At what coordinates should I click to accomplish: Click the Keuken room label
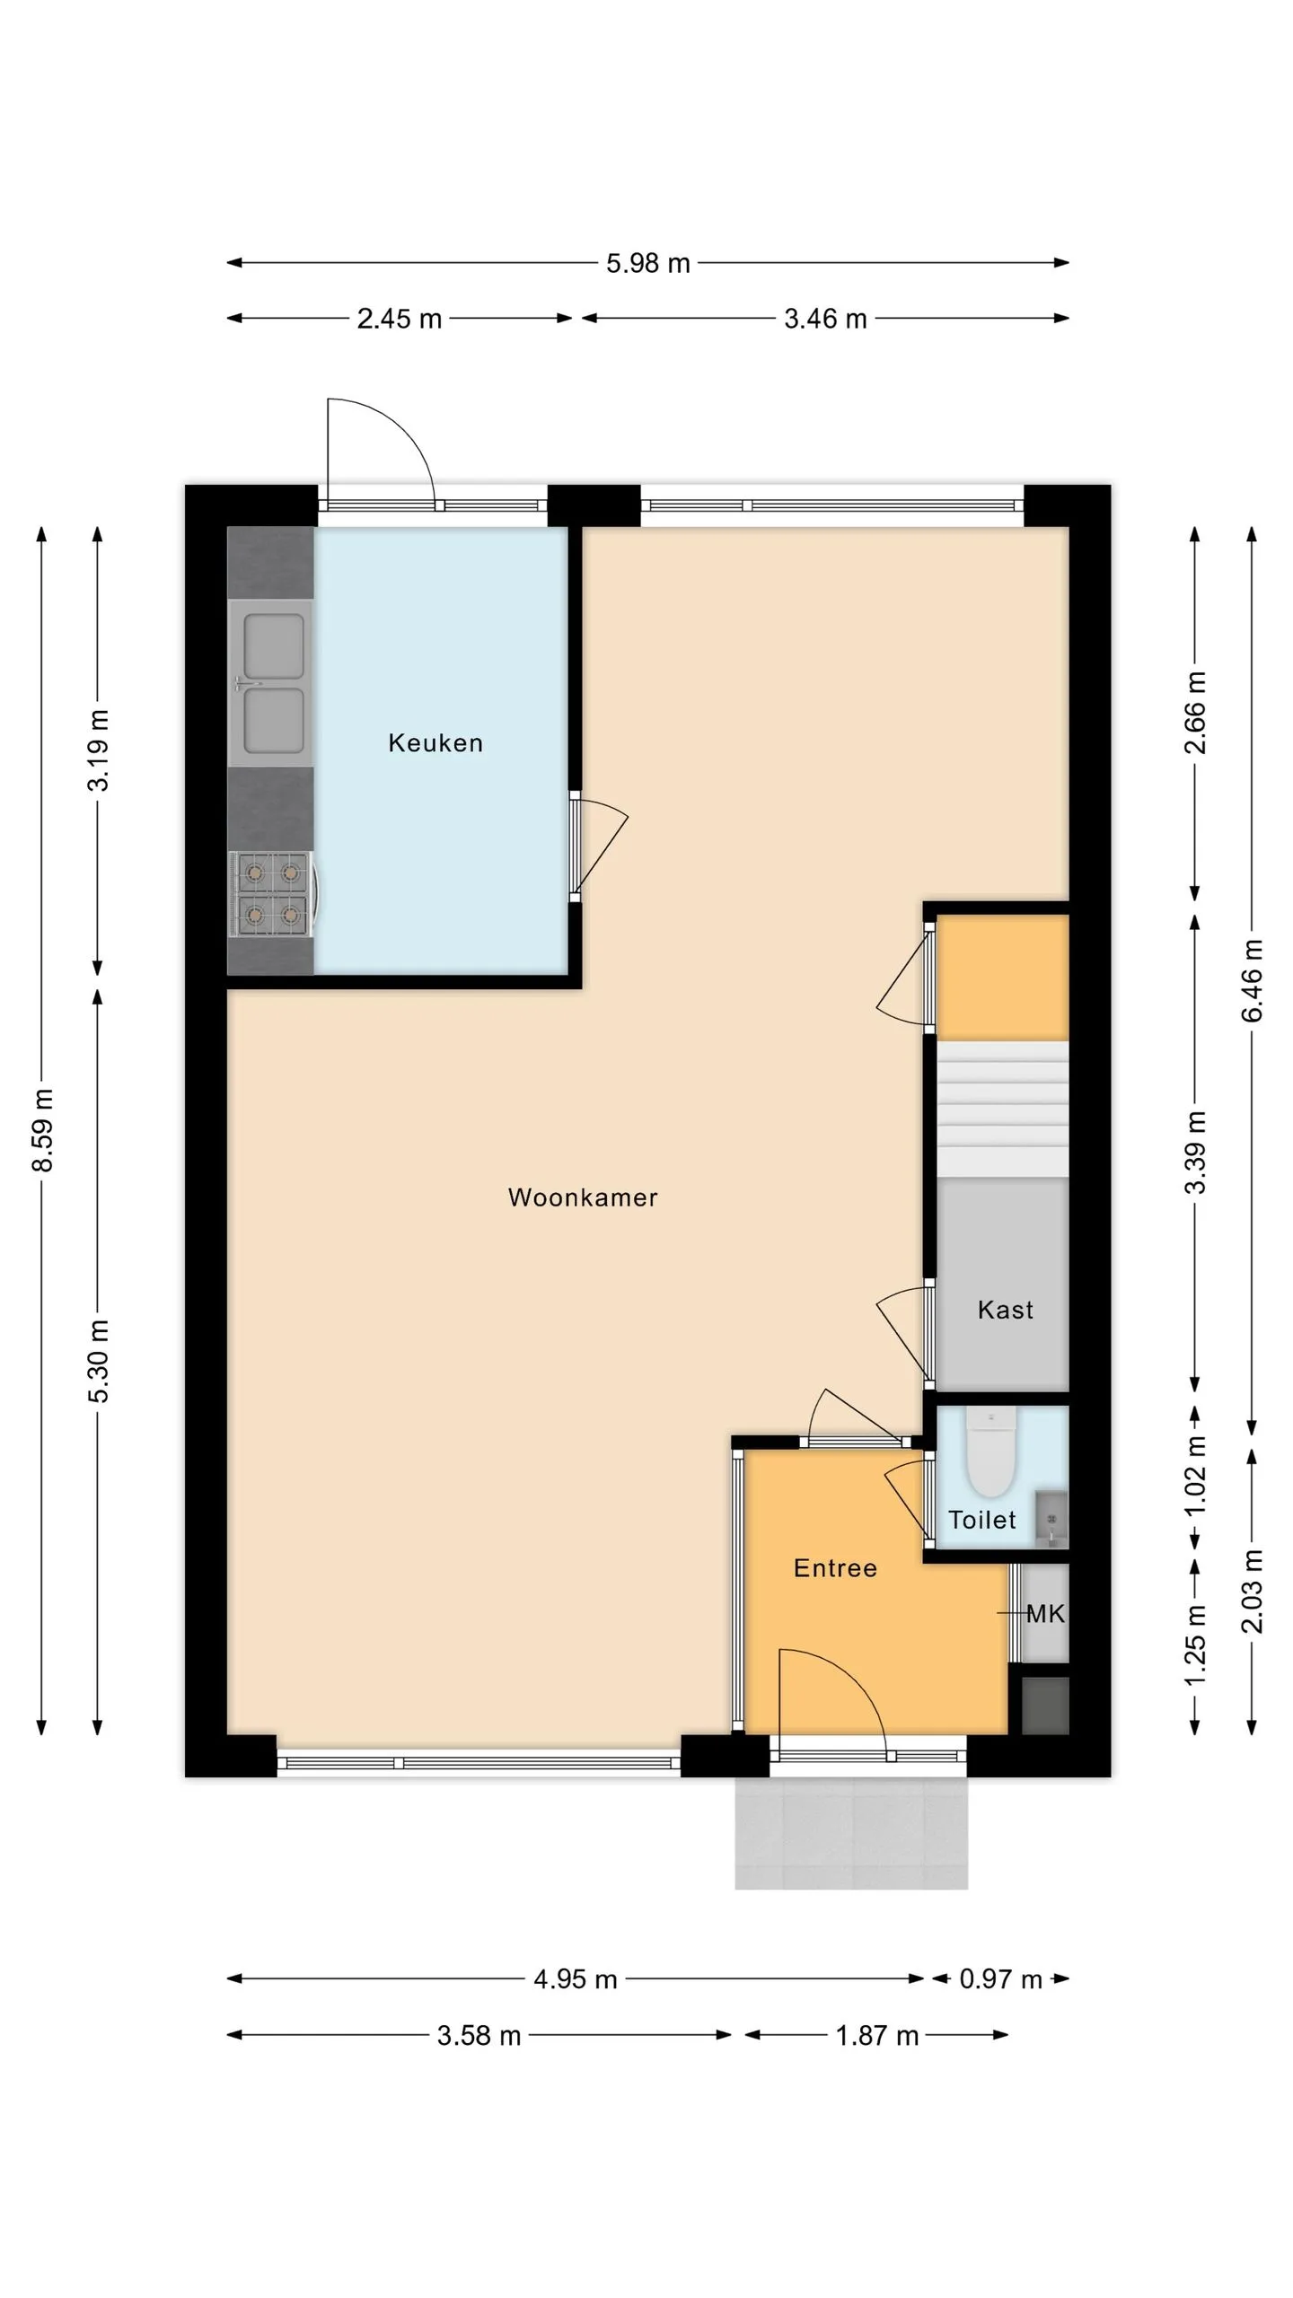pyautogui.click(x=435, y=742)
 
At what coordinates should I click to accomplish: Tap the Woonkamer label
pyautogui.click(x=583, y=1197)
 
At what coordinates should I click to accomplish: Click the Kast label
pyautogui.click(x=1006, y=1310)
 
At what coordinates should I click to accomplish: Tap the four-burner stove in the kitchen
pyautogui.click(x=272, y=894)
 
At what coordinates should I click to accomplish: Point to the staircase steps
pyautogui.click(x=1003, y=1109)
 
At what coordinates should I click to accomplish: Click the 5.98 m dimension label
pyautogui.click(x=648, y=263)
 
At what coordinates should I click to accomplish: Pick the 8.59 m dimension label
pyautogui.click(x=42, y=1130)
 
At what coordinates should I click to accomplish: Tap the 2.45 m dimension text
pyautogui.click(x=400, y=319)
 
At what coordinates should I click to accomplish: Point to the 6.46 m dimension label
pyautogui.click(x=1252, y=980)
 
